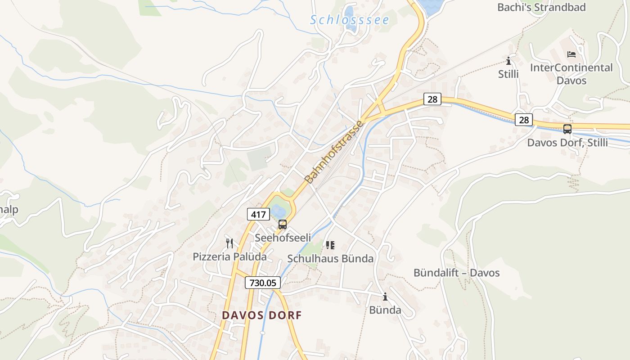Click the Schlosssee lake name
(349, 20)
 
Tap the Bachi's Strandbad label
(541, 7)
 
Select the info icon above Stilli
(508, 61)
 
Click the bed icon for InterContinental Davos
(571, 54)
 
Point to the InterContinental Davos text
(571, 74)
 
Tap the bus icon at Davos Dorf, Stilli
(567, 129)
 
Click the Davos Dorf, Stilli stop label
(567, 143)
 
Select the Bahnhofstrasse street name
(333, 152)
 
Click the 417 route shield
(258, 214)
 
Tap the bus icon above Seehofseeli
(283, 224)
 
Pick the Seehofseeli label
(283, 238)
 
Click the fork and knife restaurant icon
(229, 243)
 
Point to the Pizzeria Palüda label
(229, 257)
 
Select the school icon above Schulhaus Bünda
(331, 245)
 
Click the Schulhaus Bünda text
(330, 259)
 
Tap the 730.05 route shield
(263, 283)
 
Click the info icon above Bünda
(385, 297)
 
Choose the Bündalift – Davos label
(456, 273)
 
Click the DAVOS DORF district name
(261, 315)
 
